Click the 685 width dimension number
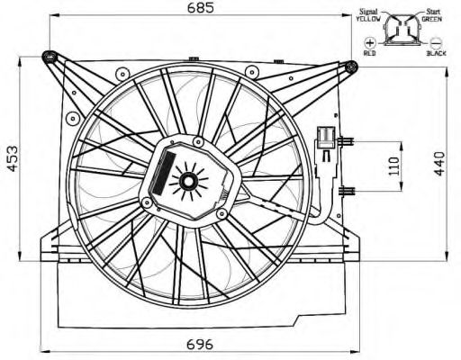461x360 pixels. click(x=201, y=8)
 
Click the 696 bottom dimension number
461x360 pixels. click(x=200, y=344)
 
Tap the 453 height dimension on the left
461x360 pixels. click(x=13, y=159)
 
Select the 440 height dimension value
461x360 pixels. click(x=439, y=164)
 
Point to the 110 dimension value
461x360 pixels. click(x=393, y=166)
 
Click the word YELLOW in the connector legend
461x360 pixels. click(x=368, y=19)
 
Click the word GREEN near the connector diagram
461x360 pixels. click(x=431, y=19)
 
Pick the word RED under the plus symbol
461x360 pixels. click(x=369, y=53)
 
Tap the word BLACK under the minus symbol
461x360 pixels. click(x=437, y=53)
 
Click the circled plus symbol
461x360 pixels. click(x=370, y=43)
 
